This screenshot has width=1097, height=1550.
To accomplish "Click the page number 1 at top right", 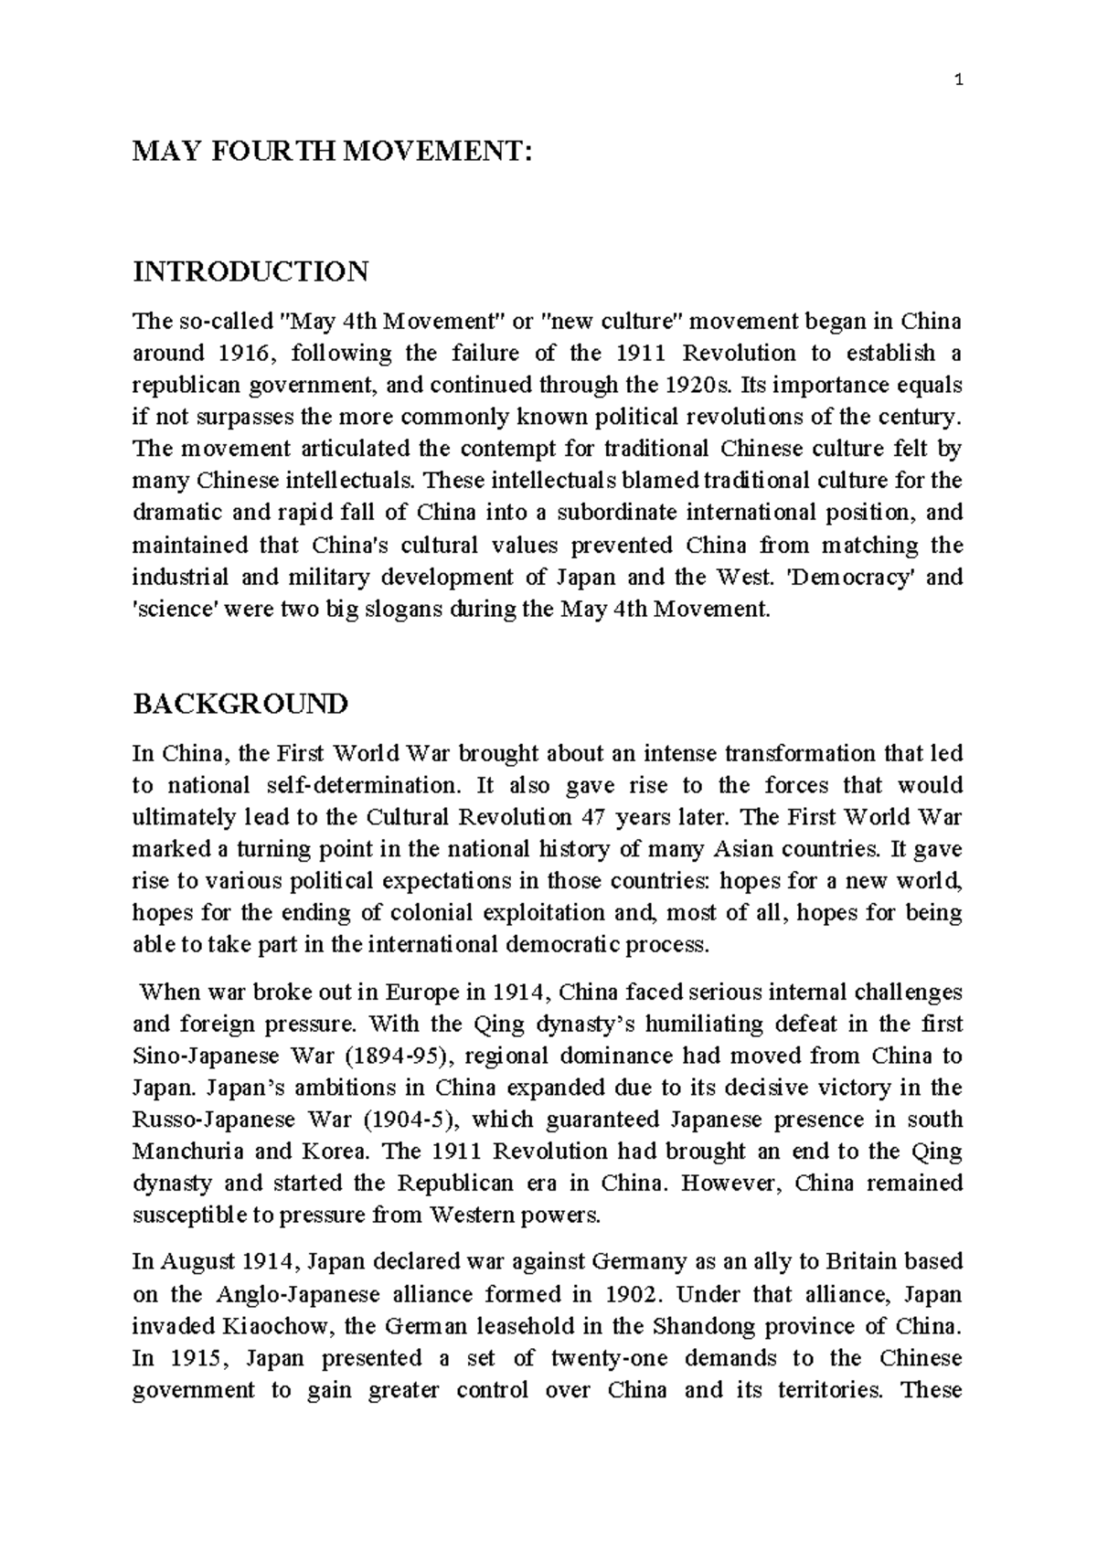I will click(957, 80).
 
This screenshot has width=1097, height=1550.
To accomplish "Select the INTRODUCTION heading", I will click(251, 271).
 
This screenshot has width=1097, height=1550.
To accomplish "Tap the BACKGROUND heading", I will click(240, 704).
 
